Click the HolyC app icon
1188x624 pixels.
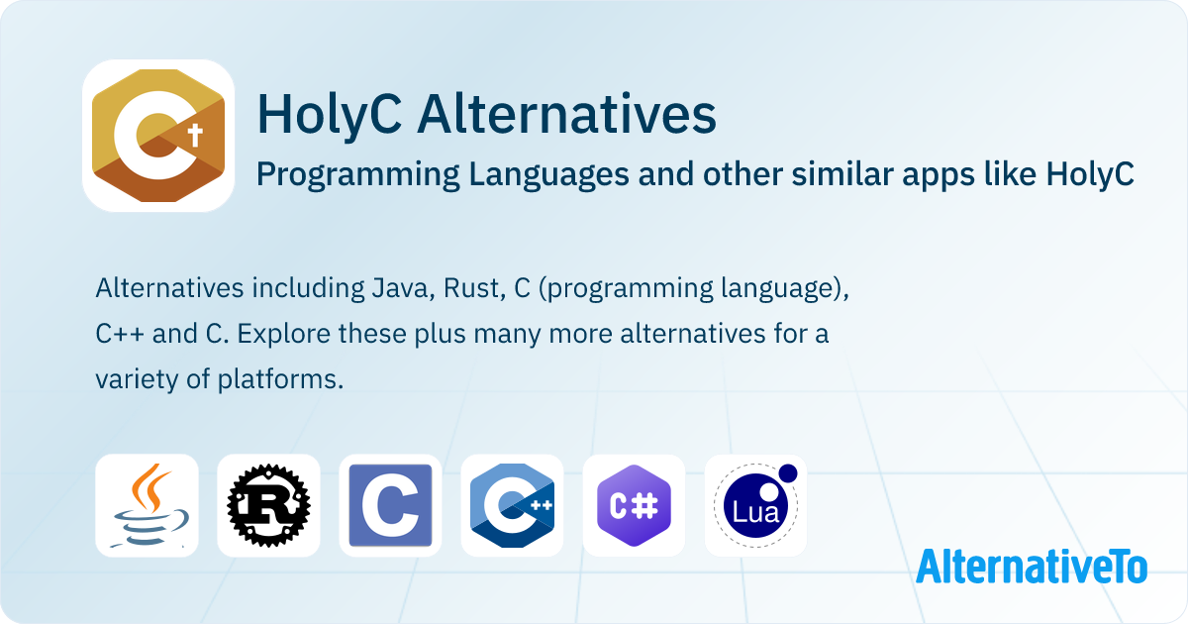coord(158,136)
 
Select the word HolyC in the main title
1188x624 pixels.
coord(329,115)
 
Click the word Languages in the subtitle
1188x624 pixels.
coord(532,174)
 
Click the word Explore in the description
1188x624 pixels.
coord(273,334)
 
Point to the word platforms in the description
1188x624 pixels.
coord(280,379)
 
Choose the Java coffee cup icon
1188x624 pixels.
coord(147,505)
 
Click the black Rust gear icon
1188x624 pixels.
coord(268,505)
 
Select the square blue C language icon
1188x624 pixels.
coord(390,505)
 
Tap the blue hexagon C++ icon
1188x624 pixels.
coord(512,505)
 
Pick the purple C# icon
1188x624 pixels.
coord(634,505)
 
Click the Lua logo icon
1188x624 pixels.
coord(755,505)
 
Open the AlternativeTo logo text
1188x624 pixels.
coord(1032,566)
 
